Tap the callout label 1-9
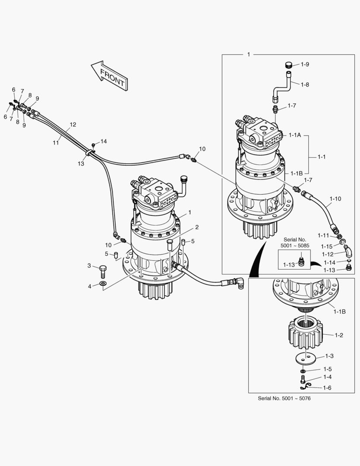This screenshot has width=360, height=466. pyautogui.click(x=305, y=64)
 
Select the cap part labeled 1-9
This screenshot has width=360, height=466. pyautogui.click(x=288, y=65)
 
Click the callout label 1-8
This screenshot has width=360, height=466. pyautogui.click(x=305, y=85)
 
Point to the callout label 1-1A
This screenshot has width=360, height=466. pyautogui.click(x=295, y=135)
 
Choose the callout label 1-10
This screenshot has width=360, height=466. pyautogui.click(x=335, y=199)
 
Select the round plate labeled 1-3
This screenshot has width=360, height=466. pyautogui.click(x=305, y=358)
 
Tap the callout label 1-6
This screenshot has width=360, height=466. pyautogui.click(x=327, y=388)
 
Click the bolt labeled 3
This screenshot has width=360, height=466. pyautogui.click(x=103, y=271)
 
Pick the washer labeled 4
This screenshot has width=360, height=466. pyautogui.click(x=103, y=284)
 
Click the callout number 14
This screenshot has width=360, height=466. pyautogui.click(x=104, y=142)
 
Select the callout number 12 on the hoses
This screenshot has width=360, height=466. pyautogui.click(x=73, y=125)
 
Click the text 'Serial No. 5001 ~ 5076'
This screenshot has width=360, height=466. pyautogui.click(x=284, y=398)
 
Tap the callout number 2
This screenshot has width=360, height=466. pyautogui.click(x=196, y=227)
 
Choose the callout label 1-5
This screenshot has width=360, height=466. pyautogui.click(x=327, y=369)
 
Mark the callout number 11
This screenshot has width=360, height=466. pyautogui.click(x=56, y=142)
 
